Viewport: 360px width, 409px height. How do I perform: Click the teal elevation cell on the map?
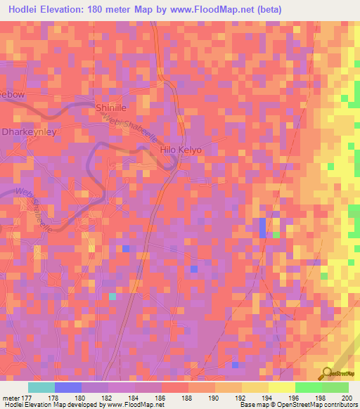click(x=112, y=297)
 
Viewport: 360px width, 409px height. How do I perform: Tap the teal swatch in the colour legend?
click(x=41, y=387)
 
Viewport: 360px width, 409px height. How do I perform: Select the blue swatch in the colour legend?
click(x=68, y=387)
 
